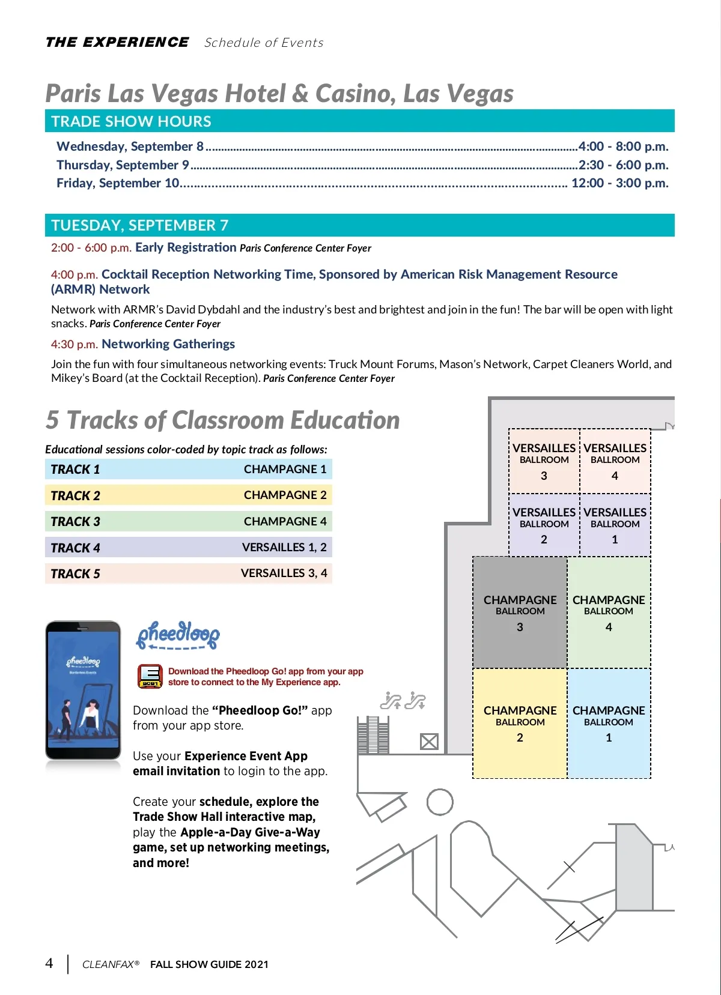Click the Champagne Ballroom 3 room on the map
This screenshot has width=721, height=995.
tap(520, 612)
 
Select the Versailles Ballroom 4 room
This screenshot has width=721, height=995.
tap(615, 461)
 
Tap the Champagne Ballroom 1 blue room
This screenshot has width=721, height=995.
tap(609, 723)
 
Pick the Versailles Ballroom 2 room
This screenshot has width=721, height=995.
tap(544, 525)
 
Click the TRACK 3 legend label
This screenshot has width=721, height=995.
tap(76, 521)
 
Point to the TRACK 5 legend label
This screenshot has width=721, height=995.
tap(76, 573)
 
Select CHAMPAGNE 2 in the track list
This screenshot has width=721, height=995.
tap(285, 495)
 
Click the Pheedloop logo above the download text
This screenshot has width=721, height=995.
tap(178, 635)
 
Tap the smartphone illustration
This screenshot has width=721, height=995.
tap(83, 690)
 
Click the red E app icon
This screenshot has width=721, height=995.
tap(150, 676)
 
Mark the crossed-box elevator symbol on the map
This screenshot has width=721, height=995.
tap(429, 742)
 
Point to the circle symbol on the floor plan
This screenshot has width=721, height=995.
tap(440, 802)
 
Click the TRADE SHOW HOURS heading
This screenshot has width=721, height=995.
tap(131, 121)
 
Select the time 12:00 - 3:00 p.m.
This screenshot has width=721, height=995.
tap(619, 183)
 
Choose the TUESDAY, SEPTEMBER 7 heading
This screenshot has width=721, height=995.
tap(139, 225)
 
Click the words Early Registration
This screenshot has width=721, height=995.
tap(186, 247)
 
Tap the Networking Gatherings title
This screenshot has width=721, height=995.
tap(168, 344)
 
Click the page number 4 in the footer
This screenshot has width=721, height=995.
tap(49, 963)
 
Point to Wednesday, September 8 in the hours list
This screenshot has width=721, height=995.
tap(130, 147)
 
